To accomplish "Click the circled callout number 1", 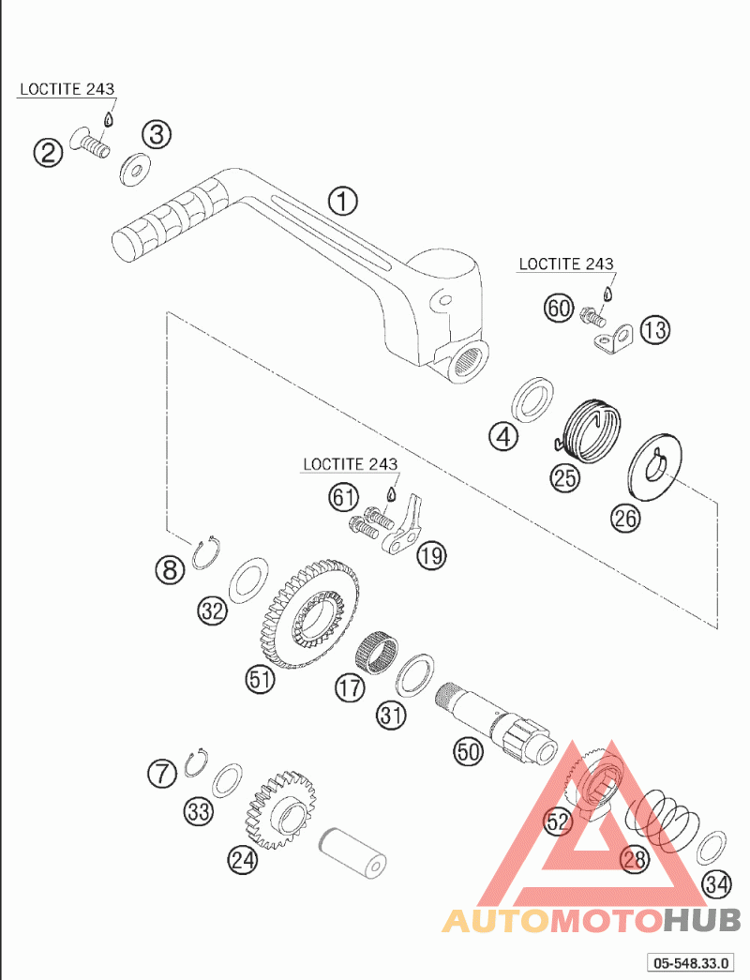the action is click(x=342, y=202).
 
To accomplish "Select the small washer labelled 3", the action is click(x=134, y=169).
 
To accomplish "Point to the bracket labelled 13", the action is click(x=613, y=339).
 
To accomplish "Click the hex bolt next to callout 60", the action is click(x=592, y=316).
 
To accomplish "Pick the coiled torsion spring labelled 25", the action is click(x=590, y=430).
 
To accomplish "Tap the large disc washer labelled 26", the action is click(x=653, y=467).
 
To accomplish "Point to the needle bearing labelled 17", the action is click(x=377, y=651).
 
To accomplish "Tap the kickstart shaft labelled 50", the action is click(x=496, y=721).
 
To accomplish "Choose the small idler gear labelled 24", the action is click(x=281, y=808).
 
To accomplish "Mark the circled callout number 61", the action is click(x=344, y=497).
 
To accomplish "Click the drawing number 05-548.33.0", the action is click(x=690, y=963).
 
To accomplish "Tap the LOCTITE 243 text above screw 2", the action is click(x=67, y=89).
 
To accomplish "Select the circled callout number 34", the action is click(x=717, y=883).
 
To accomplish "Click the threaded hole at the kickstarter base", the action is click(x=468, y=362).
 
